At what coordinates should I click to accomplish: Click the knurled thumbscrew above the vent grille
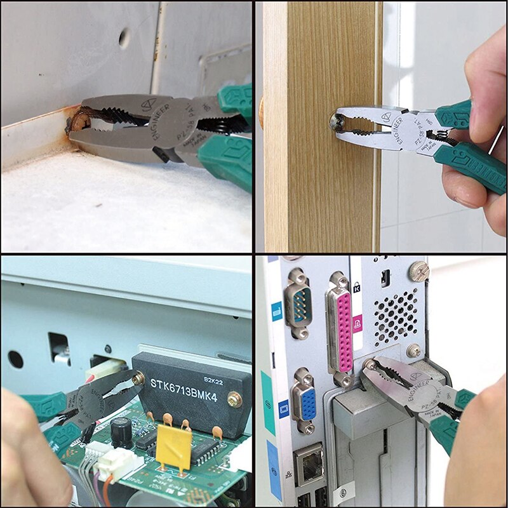[x=419, y=272]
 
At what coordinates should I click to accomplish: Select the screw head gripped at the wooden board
[x=331, y=121]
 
